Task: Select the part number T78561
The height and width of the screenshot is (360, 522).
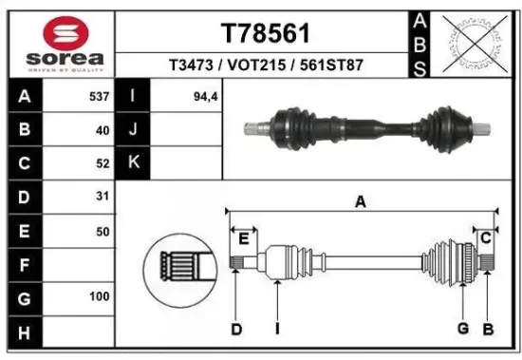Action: point(265,33)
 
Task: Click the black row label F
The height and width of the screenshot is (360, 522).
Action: point(23,264)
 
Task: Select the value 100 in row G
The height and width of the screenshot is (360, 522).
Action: point(99,297)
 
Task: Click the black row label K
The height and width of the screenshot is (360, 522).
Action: point(134,162)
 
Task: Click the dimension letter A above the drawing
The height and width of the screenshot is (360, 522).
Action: point(361,200)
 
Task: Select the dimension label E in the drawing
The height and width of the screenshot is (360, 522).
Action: point(242,237)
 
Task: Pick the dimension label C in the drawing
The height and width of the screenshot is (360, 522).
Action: point(485,237)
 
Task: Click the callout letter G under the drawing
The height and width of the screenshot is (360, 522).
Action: point(462,329)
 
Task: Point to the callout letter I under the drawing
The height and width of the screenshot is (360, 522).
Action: point(276,329)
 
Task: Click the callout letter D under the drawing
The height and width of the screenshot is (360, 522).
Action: point(236,329)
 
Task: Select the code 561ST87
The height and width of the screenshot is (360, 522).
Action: point(331,66)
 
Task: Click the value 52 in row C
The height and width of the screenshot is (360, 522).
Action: point(103,162)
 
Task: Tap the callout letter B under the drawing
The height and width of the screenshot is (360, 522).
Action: point(488,329)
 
